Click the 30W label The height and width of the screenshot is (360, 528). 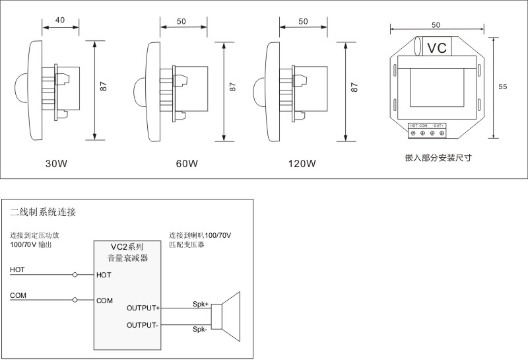[56, 163]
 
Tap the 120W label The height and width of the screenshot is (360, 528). [302, 163]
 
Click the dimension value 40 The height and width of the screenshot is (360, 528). [60, 20]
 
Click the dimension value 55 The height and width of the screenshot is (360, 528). [502, 87]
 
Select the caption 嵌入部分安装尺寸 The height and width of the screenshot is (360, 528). [438, 159]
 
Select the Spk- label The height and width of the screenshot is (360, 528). [199, 329]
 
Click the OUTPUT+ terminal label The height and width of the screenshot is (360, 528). [143, 308]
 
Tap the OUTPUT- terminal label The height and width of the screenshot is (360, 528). [142, 325]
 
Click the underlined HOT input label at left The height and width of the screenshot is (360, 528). [18, 270]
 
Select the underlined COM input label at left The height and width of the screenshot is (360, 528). [18, 295]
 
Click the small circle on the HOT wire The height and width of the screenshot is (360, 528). [75, 275]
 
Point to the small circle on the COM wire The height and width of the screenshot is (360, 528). [75, 301]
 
